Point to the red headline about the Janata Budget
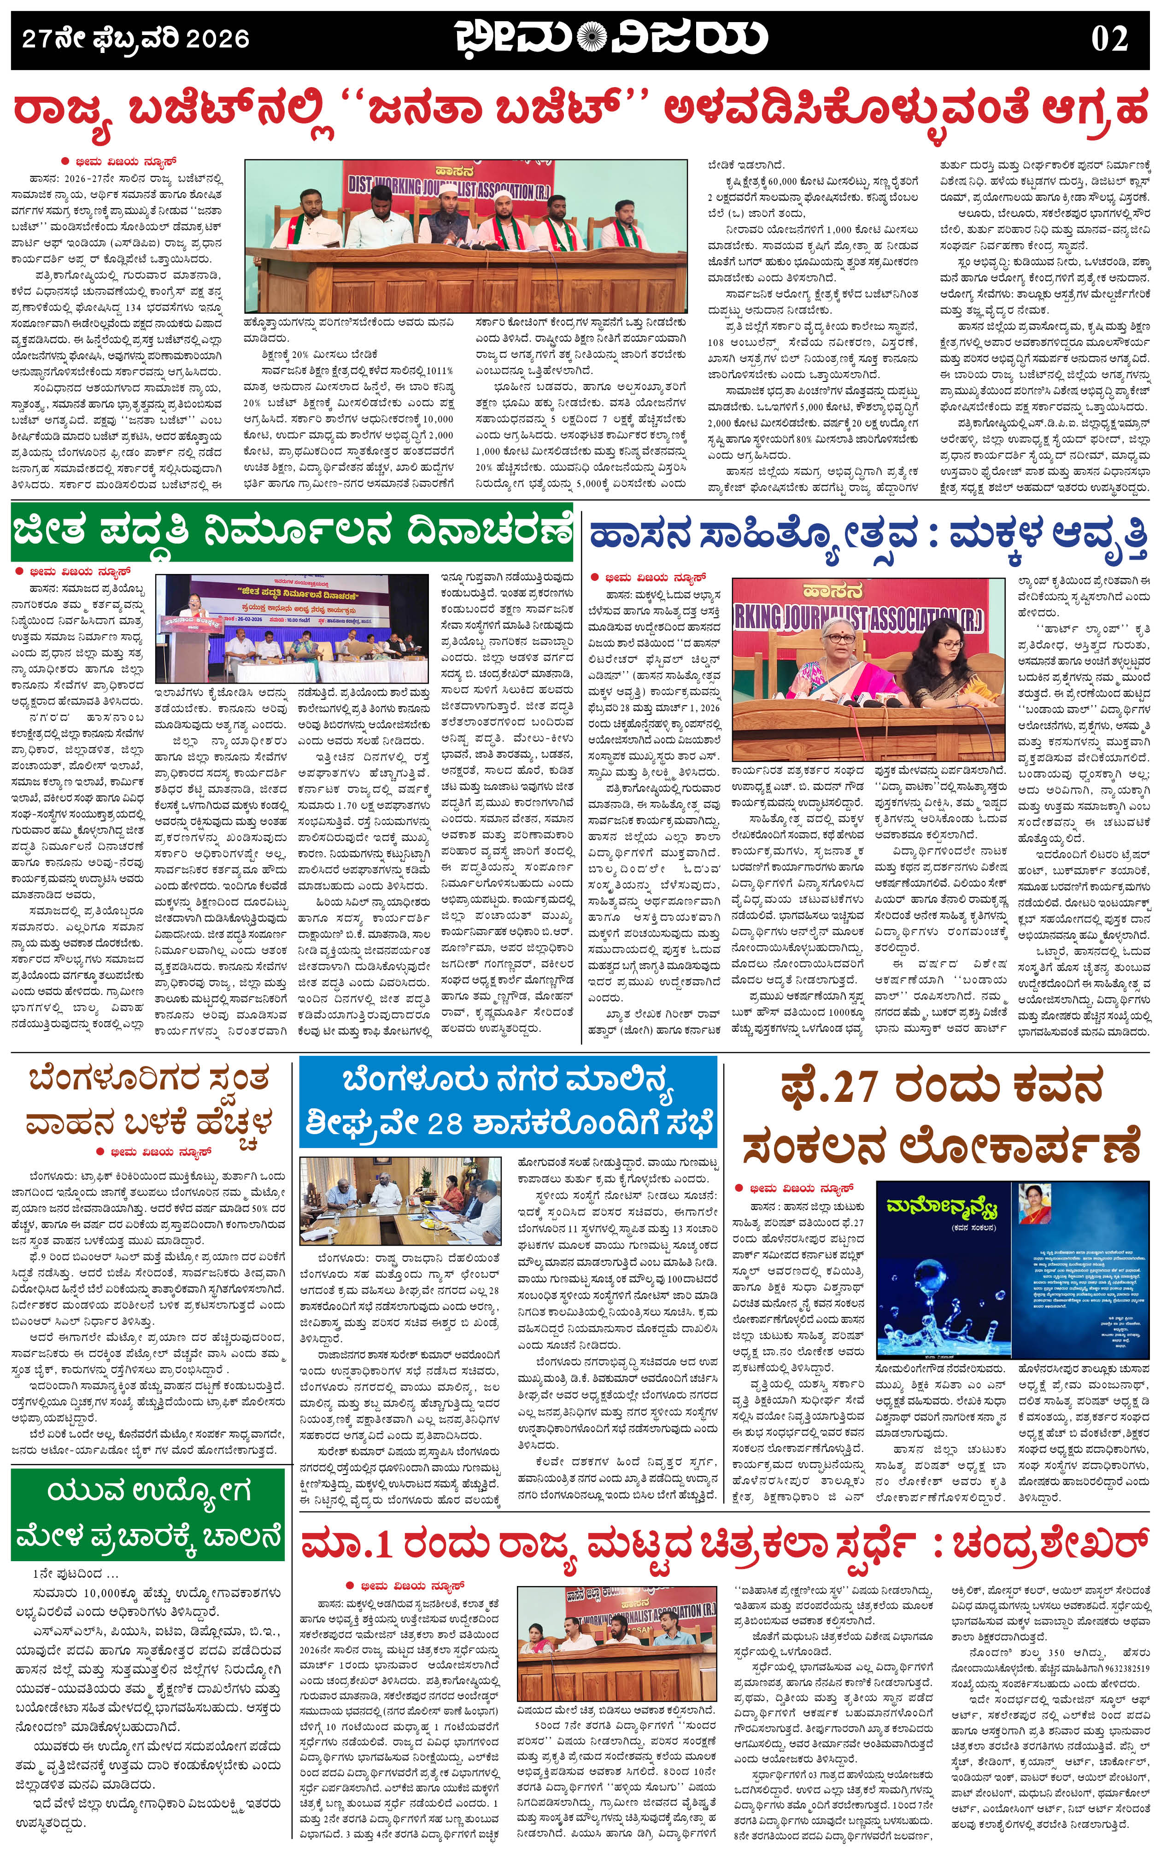coord(580,112)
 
